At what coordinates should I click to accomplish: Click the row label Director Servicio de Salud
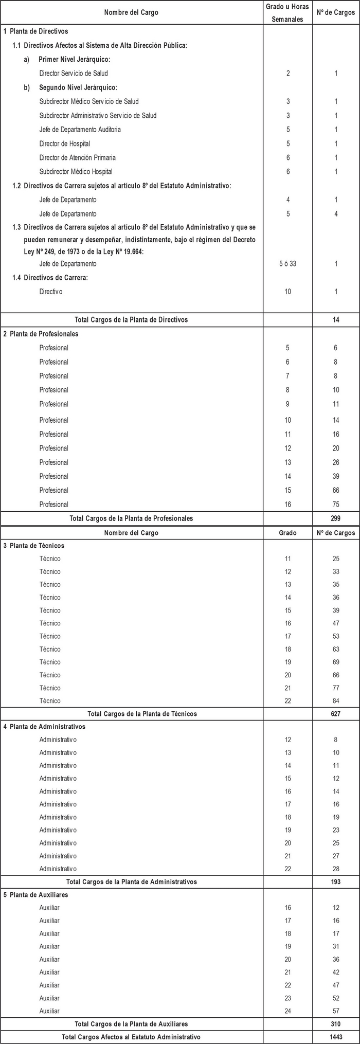[74, 74]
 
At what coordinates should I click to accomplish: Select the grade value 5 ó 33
[288, 264]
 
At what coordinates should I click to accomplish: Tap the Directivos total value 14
[336, 320]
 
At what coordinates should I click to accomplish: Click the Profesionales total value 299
[336, 518]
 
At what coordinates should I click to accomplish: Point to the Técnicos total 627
[336, 714]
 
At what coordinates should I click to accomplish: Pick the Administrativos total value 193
[336, 881]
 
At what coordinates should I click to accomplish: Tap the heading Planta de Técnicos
[37, 546]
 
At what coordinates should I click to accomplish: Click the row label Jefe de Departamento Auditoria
[80, 130]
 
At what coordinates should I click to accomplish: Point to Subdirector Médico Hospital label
[76, 172]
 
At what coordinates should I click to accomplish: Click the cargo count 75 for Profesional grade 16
[336, 505]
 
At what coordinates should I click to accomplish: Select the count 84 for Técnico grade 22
[336, 701]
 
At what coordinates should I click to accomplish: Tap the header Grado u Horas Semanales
[288, 12]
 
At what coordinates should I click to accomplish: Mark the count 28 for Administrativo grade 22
[336, 869]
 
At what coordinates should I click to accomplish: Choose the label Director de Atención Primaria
[78, 158]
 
